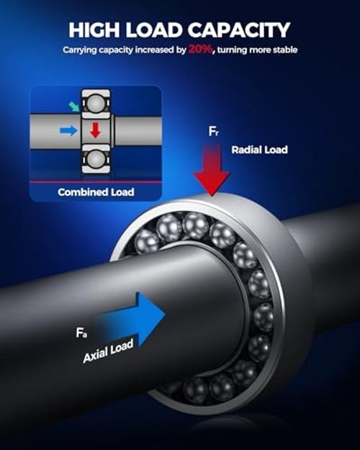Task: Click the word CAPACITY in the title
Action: click(239, 30)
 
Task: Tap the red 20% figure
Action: click(201, 50)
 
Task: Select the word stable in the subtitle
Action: click(285, 50)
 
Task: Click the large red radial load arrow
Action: click(212, 169)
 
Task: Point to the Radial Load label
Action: click(259, 150)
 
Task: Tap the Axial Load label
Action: click(108, 351)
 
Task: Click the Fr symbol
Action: click(213, 132)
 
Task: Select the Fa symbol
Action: click(81, 333)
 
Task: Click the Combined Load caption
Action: click(96, 192)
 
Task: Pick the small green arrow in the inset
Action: click(74, 106)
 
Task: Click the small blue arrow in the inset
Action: click(69, 130)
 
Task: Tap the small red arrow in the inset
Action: click(95, 130)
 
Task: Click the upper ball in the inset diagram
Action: click(96, 104)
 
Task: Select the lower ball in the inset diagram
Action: click(96, 158)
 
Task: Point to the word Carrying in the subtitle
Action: click(80, 50)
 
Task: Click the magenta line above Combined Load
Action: click(96, 182)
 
